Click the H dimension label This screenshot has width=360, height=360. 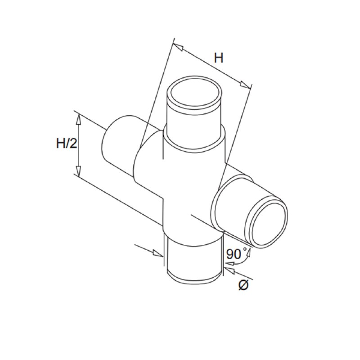click(218, 58)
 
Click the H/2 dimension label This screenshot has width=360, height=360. click(67, 144)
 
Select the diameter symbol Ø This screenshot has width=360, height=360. click(243, 285)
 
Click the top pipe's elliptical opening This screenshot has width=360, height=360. click(195, 93)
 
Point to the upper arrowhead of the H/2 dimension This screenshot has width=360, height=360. click(78, 119)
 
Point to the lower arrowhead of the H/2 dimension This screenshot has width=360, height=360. click(78, 171)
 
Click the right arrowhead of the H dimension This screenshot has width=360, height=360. click(245, 85)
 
